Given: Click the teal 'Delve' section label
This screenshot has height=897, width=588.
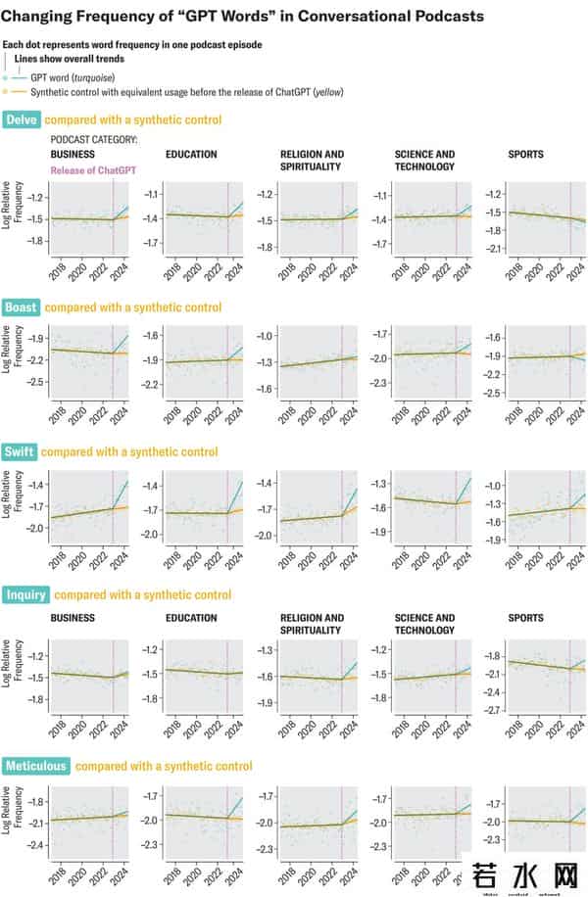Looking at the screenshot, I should point(21,120).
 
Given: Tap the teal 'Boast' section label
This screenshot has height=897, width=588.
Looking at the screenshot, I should point(22,307).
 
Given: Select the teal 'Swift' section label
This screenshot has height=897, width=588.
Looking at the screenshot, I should point(20,452).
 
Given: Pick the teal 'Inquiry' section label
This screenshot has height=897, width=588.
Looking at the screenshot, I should point(25,594).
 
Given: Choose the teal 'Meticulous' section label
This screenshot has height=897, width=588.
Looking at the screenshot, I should point(35,766).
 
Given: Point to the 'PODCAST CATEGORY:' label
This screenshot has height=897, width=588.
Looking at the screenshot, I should point(94,140).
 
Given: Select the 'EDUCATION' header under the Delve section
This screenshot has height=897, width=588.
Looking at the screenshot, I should point(191,155).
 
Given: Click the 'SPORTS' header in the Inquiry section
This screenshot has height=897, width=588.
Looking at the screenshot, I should point(525,619).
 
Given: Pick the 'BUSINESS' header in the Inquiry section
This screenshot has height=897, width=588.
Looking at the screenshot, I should point(73,619).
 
